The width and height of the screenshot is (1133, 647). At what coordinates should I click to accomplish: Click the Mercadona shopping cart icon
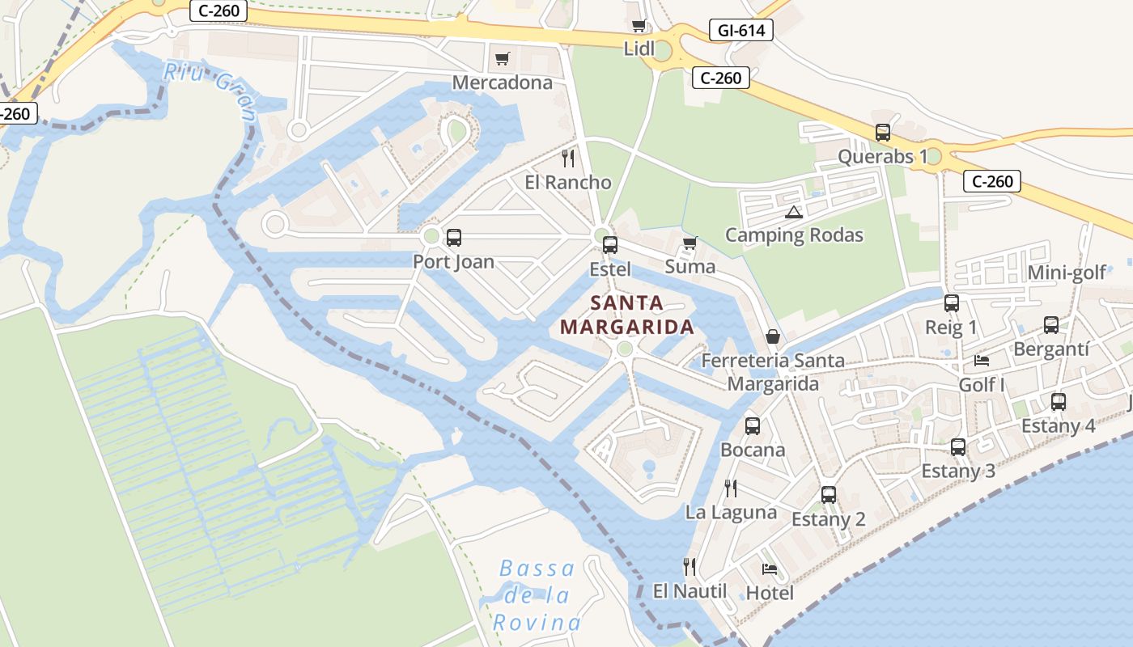(x=502, y=58)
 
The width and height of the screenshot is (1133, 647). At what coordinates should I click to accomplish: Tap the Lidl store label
(x=639, y=49)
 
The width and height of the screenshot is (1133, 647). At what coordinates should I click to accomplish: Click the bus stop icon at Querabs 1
(x=882, y=133)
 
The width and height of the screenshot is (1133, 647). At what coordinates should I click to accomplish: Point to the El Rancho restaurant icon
(x=568, y=158)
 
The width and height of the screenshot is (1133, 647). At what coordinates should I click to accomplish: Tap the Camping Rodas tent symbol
(x=793, y=213)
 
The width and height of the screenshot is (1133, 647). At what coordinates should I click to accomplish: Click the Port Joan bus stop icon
(x=453, y=238)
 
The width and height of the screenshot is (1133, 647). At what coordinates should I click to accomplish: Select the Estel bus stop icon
(x=609, y=244)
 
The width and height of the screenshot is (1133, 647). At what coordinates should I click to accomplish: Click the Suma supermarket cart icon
(x=690, y=243)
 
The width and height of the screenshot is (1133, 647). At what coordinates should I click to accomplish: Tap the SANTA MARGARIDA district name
(x=627, y=315)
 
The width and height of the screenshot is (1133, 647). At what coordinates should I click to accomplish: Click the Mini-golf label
(x=1066, y=273)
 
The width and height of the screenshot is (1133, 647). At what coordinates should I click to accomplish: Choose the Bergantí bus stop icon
(x=1050, y=325)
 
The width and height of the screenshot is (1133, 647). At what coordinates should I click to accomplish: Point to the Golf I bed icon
(x=982, y=360)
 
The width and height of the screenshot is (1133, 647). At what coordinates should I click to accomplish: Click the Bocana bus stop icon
(x=752, y=425)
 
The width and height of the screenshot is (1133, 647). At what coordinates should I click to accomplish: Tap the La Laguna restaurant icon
(x=730, y=488)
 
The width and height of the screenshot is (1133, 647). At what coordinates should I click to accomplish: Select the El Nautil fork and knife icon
(x=690, y=566)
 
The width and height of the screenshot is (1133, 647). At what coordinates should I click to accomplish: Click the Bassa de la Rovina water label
(x=537, y=595)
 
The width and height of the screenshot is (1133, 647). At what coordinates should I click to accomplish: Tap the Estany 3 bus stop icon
(x=958, y=446)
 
